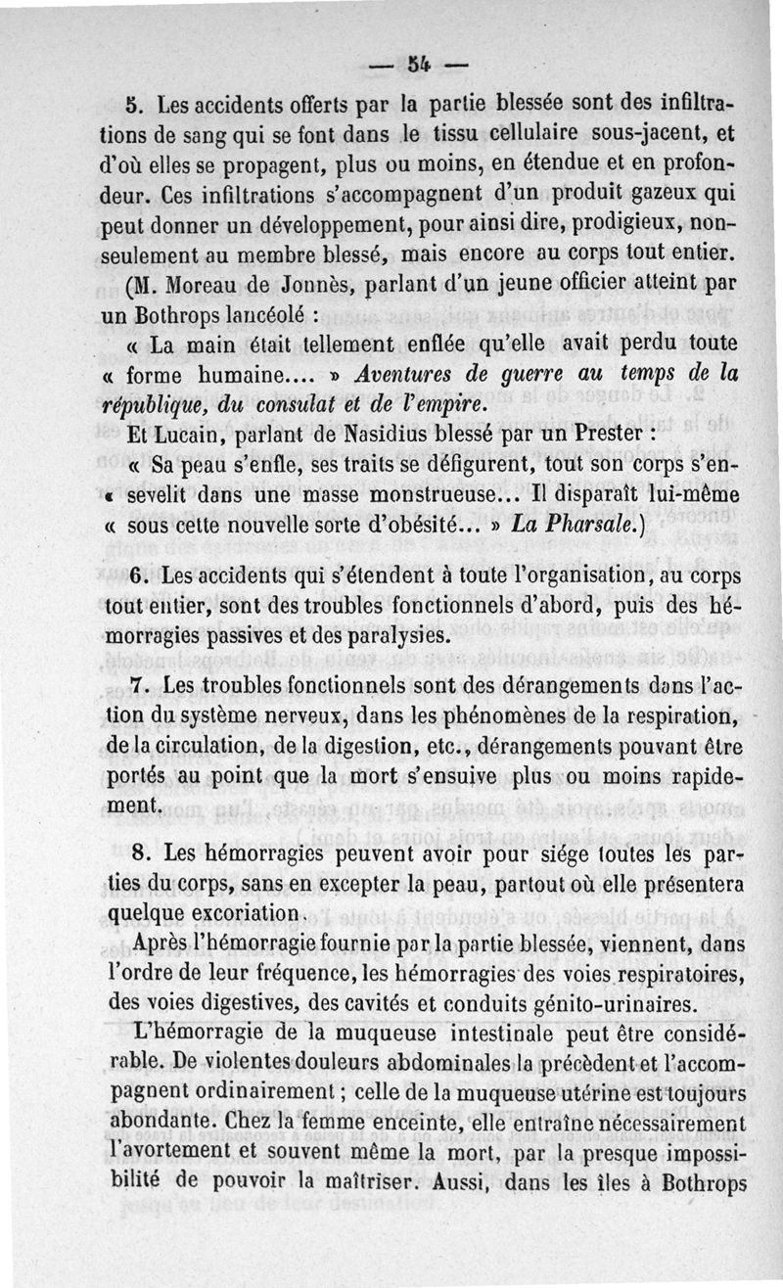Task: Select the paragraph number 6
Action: [137, 577]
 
